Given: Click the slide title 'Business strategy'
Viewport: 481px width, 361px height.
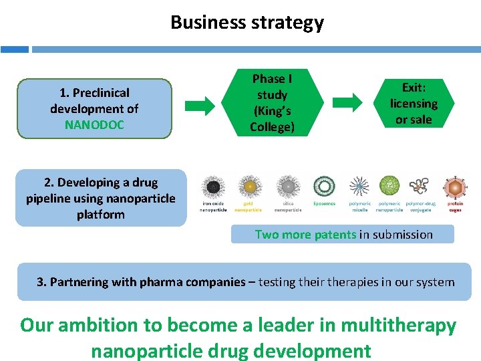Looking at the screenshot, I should coord(247,22).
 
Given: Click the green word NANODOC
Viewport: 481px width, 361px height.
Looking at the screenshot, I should coord(94,125).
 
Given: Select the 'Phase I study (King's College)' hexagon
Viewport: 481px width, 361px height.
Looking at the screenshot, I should coord(272,103).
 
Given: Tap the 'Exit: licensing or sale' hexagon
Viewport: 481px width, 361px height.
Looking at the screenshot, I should coord(414,103).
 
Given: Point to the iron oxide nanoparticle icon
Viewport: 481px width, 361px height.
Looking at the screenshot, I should coord(214,187).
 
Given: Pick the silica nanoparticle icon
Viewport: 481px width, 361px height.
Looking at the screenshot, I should coord(288,187).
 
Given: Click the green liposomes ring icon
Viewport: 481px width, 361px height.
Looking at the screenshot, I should coord(324,187).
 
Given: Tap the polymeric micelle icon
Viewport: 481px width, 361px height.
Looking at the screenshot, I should coord(359,187).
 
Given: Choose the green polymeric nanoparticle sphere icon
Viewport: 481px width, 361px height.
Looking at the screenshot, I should coord(389,185).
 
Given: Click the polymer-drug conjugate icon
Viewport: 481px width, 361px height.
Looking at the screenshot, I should coord(420,187).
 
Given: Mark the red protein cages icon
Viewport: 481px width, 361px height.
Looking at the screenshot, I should coord(454,187).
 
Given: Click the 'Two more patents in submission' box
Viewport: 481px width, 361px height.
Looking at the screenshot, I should coord(343,234).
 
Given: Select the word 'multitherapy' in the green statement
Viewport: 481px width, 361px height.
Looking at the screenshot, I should coord(398,326).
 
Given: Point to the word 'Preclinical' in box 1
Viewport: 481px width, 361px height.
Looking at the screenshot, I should coord(101,93).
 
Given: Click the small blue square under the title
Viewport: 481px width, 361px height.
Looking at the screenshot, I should coord(14,49).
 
